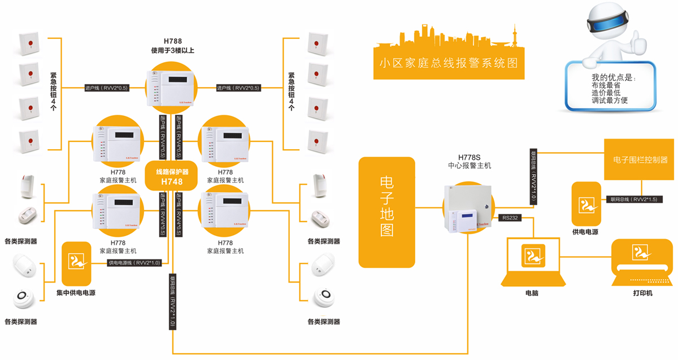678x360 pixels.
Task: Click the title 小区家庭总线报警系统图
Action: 449,62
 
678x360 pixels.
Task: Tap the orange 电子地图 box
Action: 386,212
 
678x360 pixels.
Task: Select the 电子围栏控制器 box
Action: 640,160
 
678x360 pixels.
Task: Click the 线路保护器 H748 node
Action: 172,176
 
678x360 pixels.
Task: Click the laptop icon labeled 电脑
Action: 533,262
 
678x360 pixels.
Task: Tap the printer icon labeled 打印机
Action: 642,263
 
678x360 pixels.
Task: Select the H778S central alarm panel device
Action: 467,209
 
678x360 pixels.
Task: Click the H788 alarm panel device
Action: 172,87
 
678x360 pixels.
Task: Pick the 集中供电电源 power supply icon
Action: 76,263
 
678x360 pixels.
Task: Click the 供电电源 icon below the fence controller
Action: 586,204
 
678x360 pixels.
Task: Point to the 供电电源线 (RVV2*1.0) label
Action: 134,263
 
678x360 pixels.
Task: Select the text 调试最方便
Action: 610,101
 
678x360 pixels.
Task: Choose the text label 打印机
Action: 642,293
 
